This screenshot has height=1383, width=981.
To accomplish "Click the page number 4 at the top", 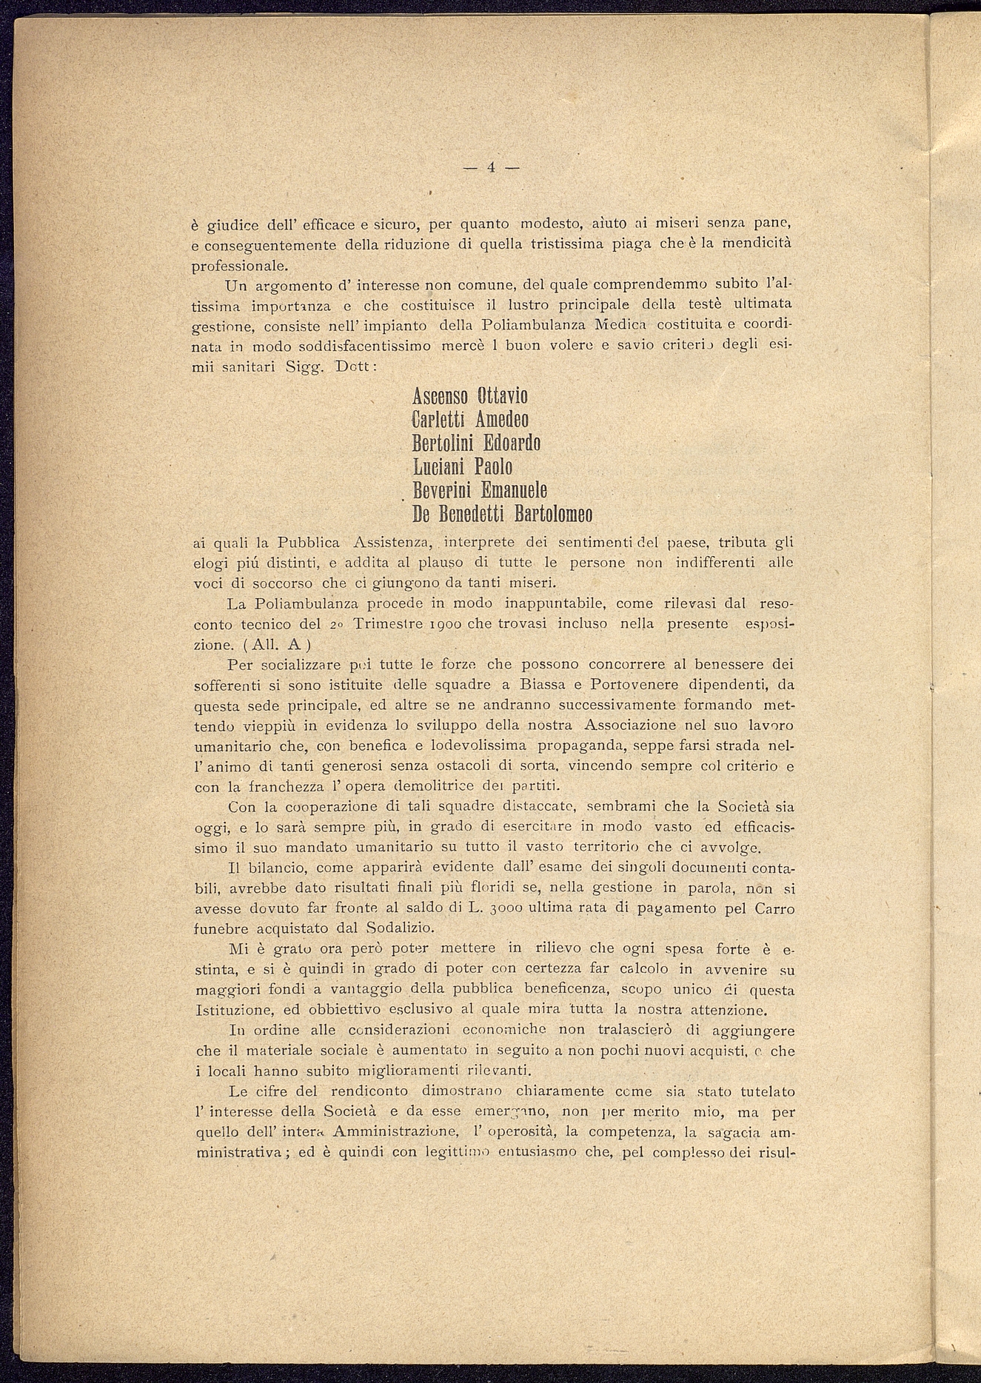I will [x=490, y=167].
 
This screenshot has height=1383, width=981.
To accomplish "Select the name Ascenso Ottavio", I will [x=469, y=396].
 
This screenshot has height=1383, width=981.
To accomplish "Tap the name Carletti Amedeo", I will [x=469, y=420].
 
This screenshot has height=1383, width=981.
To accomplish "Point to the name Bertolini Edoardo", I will [x=476, y=443].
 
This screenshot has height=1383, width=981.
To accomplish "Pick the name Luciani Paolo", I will [x=462, y=466].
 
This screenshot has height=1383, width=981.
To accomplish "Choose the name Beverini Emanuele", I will [x=479, y=490].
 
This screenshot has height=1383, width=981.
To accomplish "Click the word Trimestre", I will [x=388, y=624].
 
